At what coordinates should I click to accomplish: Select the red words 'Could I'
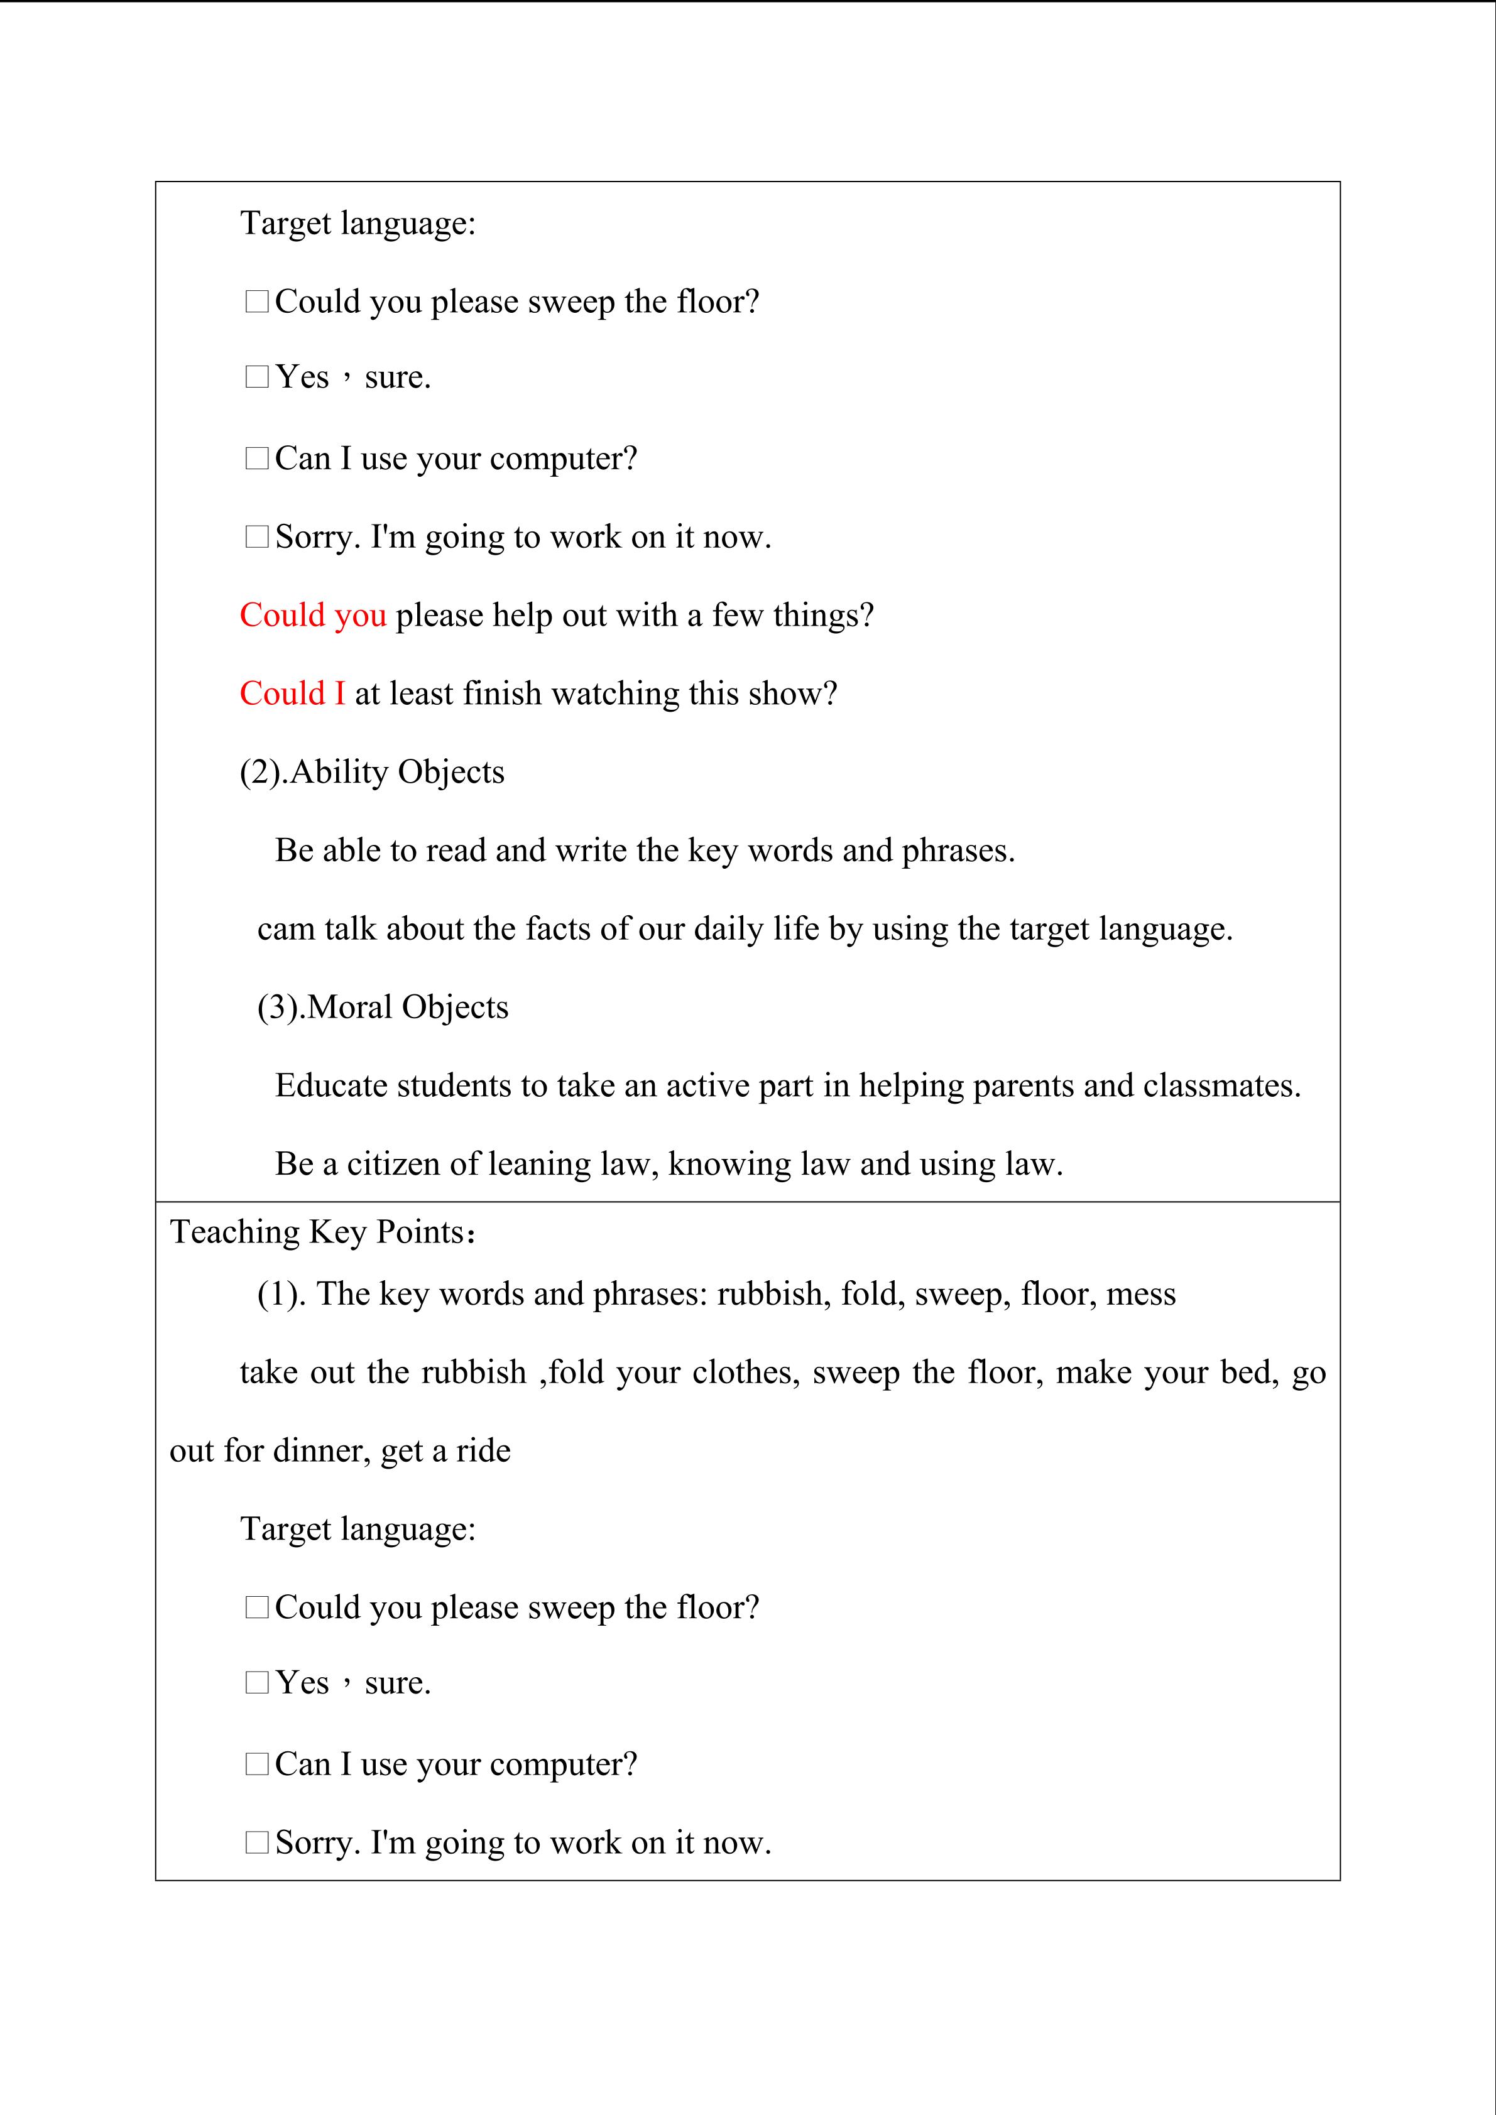tap(292, 693)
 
